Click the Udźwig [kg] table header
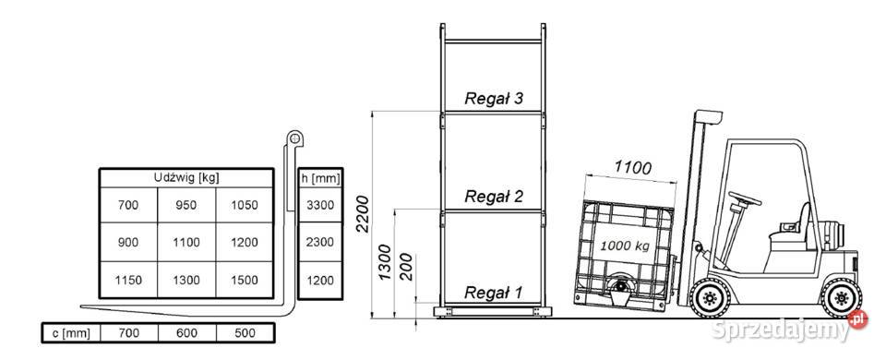(x=186, y=177)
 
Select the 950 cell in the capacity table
(x=186, y=205)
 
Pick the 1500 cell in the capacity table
(x=245, y=280)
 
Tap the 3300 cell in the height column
(x=320, y=205)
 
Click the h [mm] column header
(x=320, y=178)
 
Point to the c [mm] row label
(x=71, y=333)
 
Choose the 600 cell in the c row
(x=186, y=333)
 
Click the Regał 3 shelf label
(x=494, y=99)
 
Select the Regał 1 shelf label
(x=494, y=293)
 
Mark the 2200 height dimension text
(x=362, y=213)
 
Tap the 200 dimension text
(x=407, y=268)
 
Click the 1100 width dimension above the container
(x=633, y=167)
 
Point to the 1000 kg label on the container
(x=625, y=246)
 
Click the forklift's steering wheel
(x=745, y=198)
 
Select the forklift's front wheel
(x=711, y=297)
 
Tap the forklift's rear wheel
(x=842, y=297)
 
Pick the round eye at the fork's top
(x=294, y=138)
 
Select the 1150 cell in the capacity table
(x=128, y=280)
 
